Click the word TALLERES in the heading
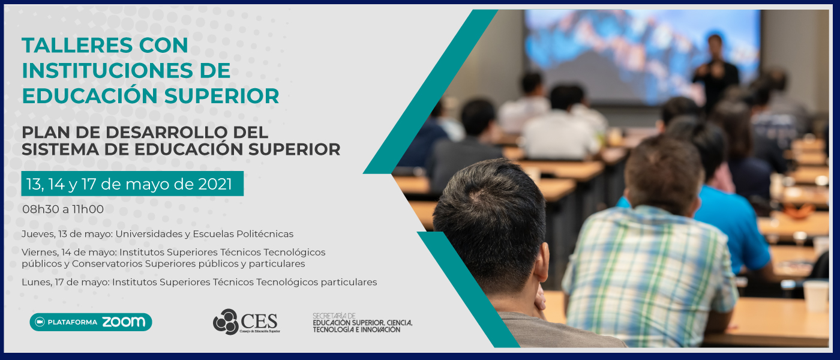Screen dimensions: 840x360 point(77,46)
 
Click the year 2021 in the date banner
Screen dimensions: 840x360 point(215,184)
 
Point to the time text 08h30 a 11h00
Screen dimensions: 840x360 point(63,209)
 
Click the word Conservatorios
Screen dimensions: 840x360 point(107,263)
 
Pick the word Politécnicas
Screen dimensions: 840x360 point(265,234)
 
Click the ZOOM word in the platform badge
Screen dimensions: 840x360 point(124,322)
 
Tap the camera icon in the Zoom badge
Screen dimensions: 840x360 point(40,322)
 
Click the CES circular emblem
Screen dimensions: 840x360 point(226,322)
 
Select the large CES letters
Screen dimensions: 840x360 point(259,322)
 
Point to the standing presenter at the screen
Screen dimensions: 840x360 point(715,71)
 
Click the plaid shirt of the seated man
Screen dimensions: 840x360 point(649,269)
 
